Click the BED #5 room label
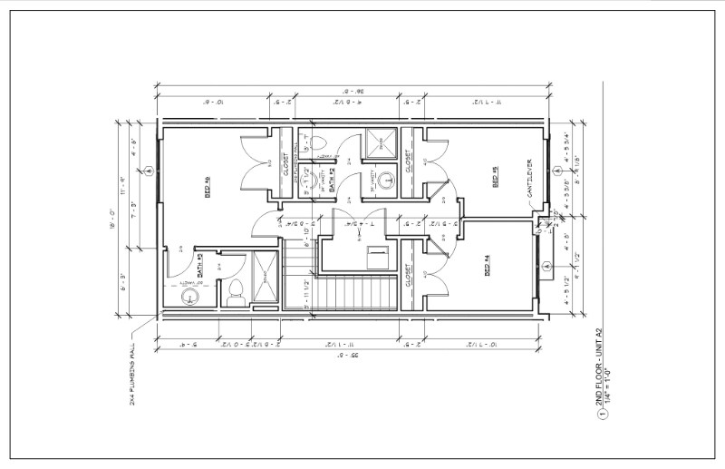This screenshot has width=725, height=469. [496, 175]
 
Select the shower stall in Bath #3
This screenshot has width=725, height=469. [265, 278]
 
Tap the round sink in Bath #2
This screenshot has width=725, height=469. [386, 178]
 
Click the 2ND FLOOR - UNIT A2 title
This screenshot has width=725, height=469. [599, 366]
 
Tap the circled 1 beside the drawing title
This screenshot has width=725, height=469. [600, 418]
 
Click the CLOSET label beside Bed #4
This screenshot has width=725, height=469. [410, 274]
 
